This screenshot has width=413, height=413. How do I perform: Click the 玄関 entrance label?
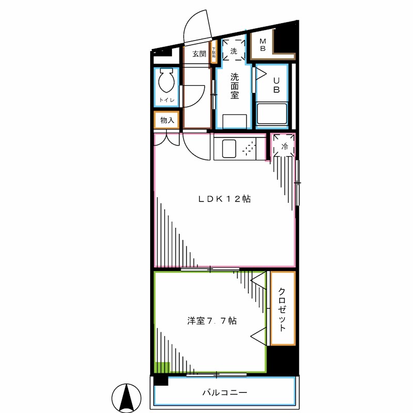[199, 53]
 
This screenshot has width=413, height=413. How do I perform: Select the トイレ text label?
[167, 100]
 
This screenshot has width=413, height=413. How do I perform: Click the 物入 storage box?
[167, 120]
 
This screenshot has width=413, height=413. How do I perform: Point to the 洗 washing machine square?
[234, 51]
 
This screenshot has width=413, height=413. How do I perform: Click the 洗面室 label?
[234, 86]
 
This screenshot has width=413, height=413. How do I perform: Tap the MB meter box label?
[262, 45]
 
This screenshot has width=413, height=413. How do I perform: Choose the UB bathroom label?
[277, 85]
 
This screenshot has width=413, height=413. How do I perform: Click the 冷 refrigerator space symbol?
[284, 146]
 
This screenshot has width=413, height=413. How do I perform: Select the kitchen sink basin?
[229, 149]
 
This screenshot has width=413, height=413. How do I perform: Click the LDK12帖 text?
[225, 199]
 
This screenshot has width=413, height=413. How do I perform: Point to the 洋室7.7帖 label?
[212, 321]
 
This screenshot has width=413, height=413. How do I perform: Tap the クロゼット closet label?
[282, 309]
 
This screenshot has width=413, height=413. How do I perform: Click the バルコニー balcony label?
[225, 393]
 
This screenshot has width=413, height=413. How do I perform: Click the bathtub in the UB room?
[272, 115]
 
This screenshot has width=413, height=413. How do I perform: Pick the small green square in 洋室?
[163, 368]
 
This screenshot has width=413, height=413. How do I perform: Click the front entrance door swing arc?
[196, 26]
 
